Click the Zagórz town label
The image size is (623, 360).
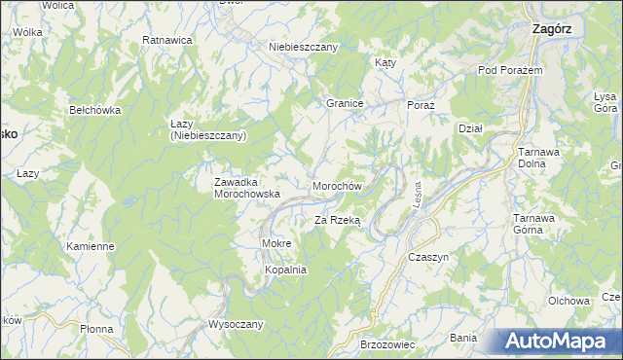coord(552,29)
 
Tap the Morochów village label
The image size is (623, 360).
coord(338,186)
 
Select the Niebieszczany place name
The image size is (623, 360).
coord(303,47)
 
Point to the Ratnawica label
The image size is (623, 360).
coord(166,40)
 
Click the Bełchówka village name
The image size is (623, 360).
coord(94,110)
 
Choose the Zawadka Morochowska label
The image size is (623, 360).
coord(247,188)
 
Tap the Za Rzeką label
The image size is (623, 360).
coord(337,221)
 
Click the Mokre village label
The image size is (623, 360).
coord(277,242)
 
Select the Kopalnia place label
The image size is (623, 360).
coord(286,270)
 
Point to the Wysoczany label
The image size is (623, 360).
coord(236,324)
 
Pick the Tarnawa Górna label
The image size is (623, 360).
coord(533,224)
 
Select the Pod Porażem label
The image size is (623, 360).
coord(509,71)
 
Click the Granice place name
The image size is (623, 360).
coord(345,102)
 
